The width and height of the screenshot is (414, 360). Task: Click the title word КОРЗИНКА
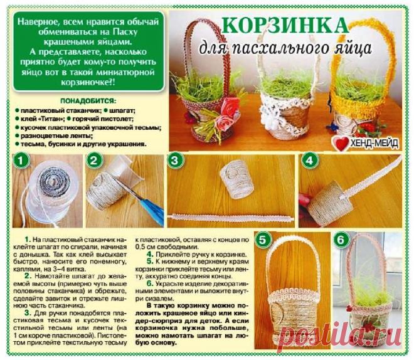[285, 26]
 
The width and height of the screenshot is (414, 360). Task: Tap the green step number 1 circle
[21, 161]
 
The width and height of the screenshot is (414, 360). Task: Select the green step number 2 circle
[95, 161]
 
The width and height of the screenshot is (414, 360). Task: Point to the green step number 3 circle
[175, 161]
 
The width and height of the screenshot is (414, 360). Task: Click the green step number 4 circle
[307, 161]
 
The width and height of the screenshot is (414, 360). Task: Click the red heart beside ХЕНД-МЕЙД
[341, 142]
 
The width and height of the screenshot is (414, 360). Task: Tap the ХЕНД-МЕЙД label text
[374, 143]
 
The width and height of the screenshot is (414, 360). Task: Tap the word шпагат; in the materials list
[129, 110]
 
